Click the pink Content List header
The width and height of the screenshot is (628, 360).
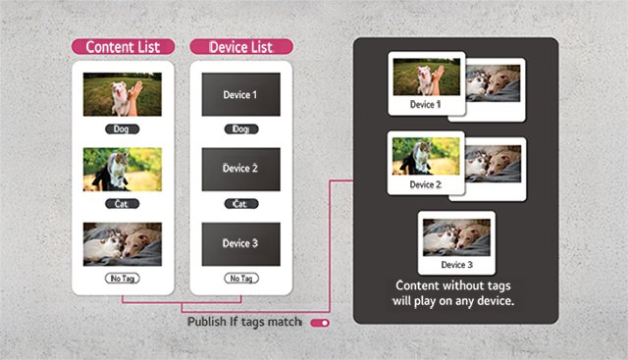click(123, 47)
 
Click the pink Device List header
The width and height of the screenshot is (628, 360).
click(241, 47)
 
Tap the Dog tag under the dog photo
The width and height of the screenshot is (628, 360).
click(122, 129)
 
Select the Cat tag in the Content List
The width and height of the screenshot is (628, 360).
click(122, 204)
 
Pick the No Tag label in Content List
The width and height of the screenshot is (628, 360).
click(122, 279)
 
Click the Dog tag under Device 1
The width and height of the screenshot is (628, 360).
click(241, 129)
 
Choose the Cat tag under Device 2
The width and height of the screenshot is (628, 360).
click(241, 204)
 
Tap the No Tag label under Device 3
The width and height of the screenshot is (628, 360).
click(241, 279)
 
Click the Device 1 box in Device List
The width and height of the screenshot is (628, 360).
click(241, 94)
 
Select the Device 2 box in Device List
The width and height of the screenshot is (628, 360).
click(241, 169)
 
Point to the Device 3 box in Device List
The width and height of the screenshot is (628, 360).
click(241, 244)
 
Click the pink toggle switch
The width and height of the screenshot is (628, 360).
click(320, 323)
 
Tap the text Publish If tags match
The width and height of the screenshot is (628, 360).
click(244, 322)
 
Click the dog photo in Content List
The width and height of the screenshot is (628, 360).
click(122, 94)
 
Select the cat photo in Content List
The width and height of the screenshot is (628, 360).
click(122, 169)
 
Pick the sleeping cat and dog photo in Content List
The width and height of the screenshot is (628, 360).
click(122, 244)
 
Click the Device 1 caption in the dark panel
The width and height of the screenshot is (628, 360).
click(425, 105)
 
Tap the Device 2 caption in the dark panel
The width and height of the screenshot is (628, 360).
click(425, 184)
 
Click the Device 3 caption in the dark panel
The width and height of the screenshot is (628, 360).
click(456, 265)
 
